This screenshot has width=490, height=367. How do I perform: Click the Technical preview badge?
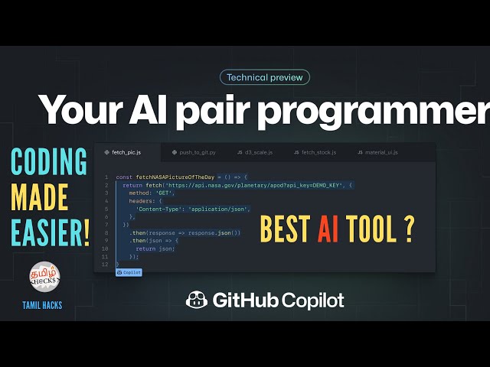coord(265,77)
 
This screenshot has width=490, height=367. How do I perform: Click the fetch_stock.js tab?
coord(315,153)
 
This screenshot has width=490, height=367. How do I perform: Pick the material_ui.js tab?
coord(377,153)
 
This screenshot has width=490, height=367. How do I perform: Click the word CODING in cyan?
coord(48,163)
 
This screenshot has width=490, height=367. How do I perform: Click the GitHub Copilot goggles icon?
coord(197,300)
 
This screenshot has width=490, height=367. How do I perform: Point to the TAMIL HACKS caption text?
coord(43,306)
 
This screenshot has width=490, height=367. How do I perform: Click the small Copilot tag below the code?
coord(129,271)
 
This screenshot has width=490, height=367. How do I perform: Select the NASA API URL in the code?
coord(253,185)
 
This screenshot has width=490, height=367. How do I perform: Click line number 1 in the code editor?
coord(106,177)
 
